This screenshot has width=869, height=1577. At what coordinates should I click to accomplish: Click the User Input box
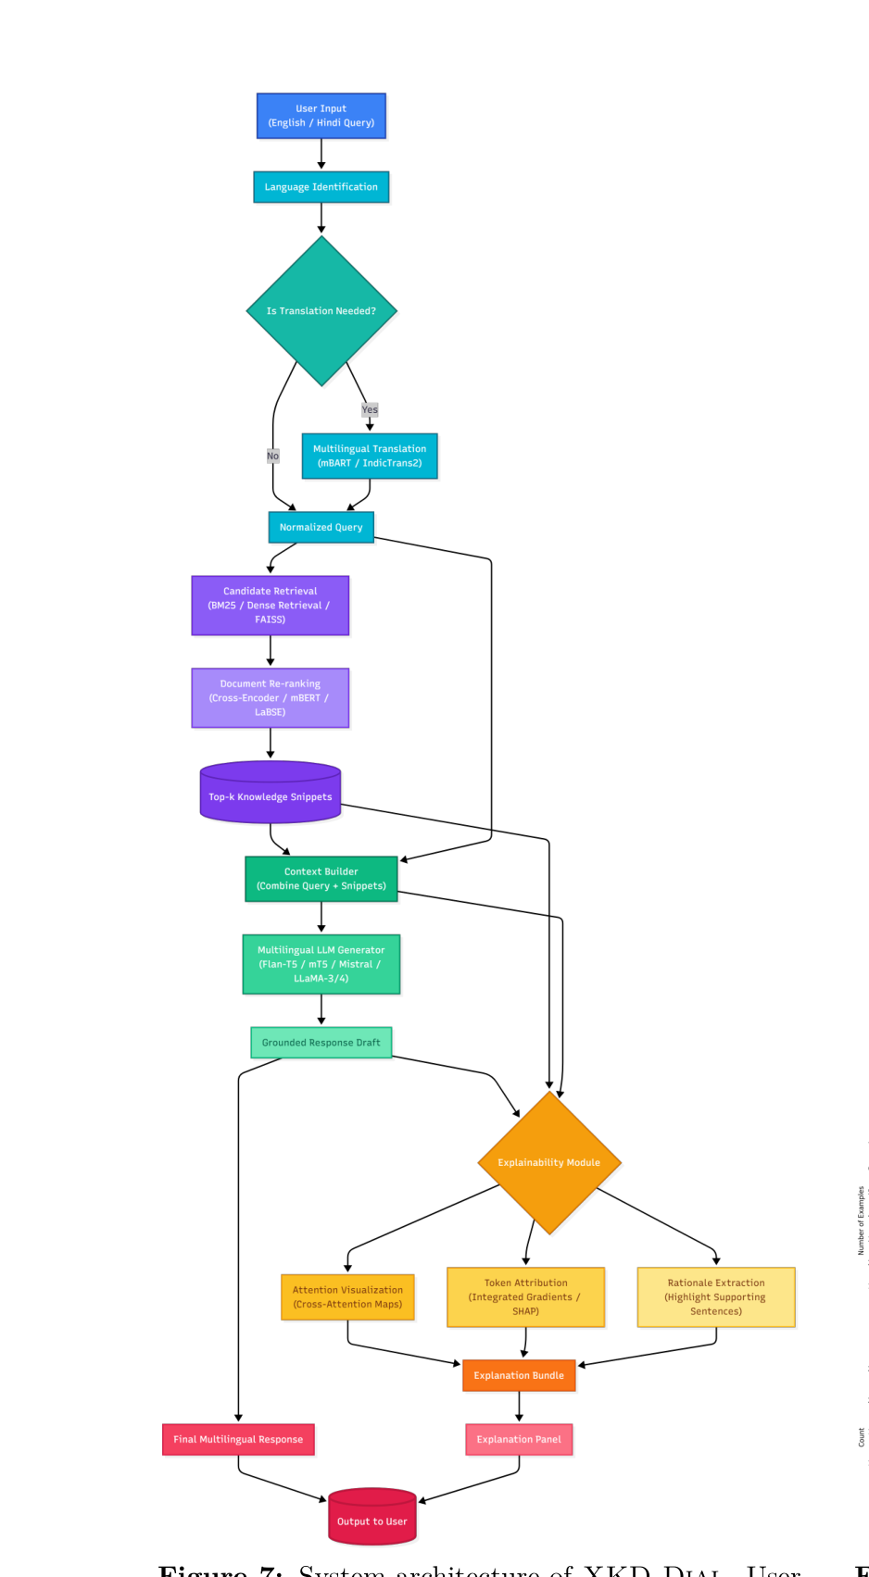click(x=321, y=116)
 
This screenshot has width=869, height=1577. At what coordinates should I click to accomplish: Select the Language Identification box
click(x=321, y=187)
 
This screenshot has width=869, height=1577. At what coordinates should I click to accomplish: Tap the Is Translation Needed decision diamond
click(x=321, y=311)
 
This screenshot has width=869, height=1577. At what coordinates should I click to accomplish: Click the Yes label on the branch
click(x=370, y=409)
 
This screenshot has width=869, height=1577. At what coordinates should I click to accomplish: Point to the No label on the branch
click(x=272, y=456)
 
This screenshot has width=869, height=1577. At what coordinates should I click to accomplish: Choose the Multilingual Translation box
click(x=370, y=456)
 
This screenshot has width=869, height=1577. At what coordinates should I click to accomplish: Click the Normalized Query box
click(x=321, y=527)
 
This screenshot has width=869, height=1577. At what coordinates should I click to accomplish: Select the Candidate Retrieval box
click(x=270, y=606)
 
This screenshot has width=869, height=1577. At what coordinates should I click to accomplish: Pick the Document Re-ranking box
click(x=270, y=698)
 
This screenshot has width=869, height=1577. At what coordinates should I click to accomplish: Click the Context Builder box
click(x=321, y=879)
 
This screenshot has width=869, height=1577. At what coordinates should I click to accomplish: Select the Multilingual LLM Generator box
click(x=321, y=964)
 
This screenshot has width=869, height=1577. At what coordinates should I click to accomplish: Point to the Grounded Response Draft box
click(x=321, y=1043)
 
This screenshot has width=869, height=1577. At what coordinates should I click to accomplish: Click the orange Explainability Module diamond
click(x=548, y=1163)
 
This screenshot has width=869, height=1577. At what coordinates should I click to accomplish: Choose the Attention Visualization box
click(x=347, y=1296)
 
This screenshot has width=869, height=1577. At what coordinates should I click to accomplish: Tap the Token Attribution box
click(x=525, y=1296)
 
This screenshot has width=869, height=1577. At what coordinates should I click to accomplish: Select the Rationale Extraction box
click(x=715, y=1296)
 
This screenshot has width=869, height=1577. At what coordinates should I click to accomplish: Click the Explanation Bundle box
click(x=519, y=1375)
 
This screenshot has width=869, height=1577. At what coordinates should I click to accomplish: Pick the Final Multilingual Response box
click(x=238, y=1439)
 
